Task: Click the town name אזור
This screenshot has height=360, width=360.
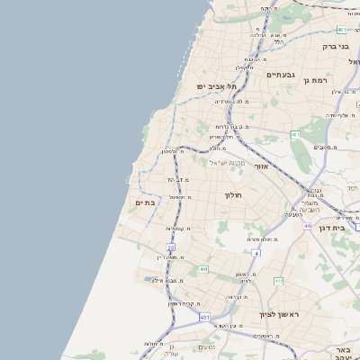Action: pyautogui.click(x=261, y=166)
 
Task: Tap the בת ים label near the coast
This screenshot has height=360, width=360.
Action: pyautogui.click(x=145, y=203)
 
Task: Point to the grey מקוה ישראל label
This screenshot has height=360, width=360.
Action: pyautogui.click(x=228, y=162)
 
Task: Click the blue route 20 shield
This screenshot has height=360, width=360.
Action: pyautogui.click(x=170, y=247)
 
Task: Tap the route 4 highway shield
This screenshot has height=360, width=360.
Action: pyautogui.click(x=256, y=254)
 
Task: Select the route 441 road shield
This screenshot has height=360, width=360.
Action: pyautogui.click(x=203, y=269)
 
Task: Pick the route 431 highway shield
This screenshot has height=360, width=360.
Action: pyautogui.click(x=204, y=318)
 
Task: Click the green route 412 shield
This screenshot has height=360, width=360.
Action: pyautogui.click(x=278, y=282)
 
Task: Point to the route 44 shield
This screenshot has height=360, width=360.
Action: pyautogui.click(x=306, y=226)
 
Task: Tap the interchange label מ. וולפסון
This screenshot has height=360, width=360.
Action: pyautogui.click(x=174, y=152)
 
